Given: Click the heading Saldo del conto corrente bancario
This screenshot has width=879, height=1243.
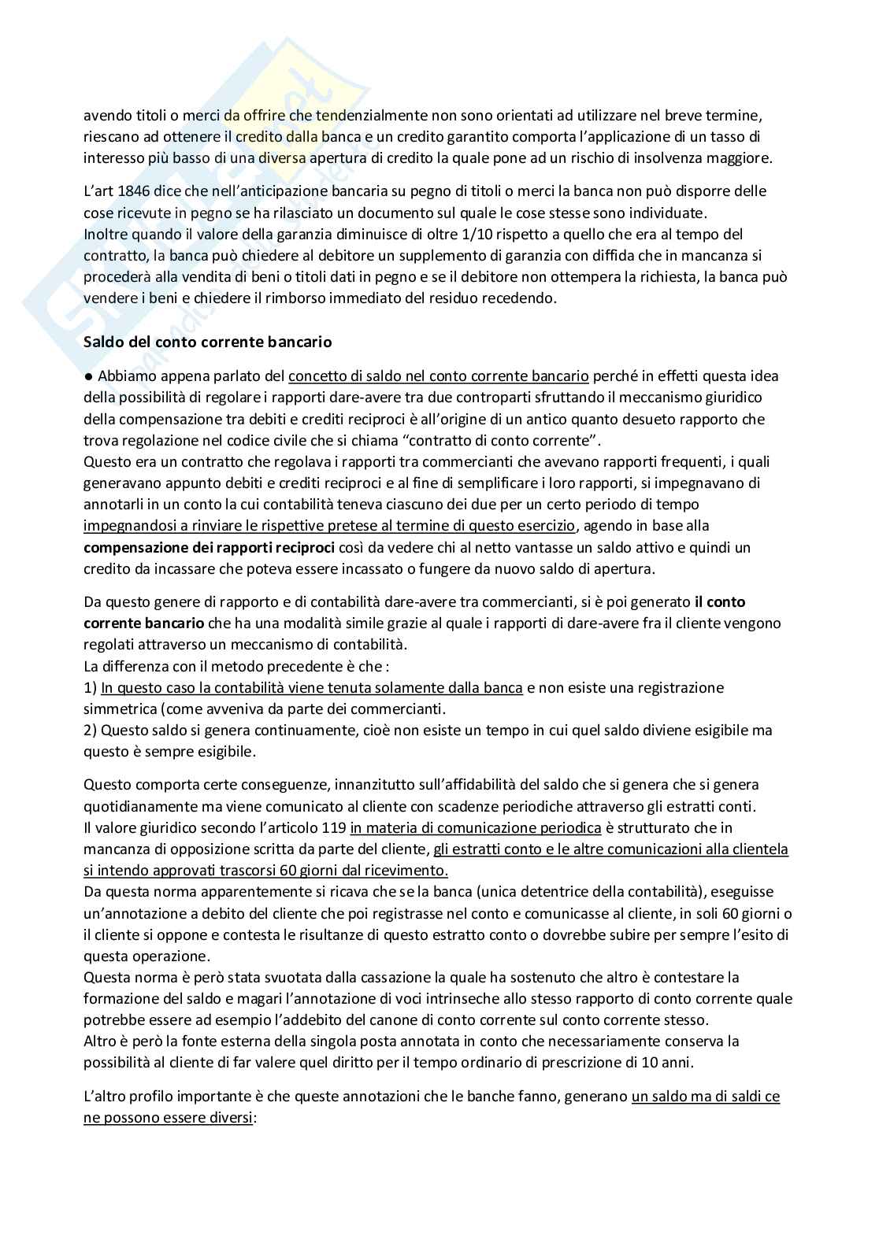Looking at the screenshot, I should coord(208,342).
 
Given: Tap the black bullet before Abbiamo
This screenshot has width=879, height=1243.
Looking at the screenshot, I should coord(89,377).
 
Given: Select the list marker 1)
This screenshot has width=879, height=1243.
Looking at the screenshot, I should coord(91,688).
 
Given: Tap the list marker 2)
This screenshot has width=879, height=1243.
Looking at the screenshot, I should coord(91,731).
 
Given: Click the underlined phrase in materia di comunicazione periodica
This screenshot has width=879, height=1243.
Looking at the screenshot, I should coord(476,828).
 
